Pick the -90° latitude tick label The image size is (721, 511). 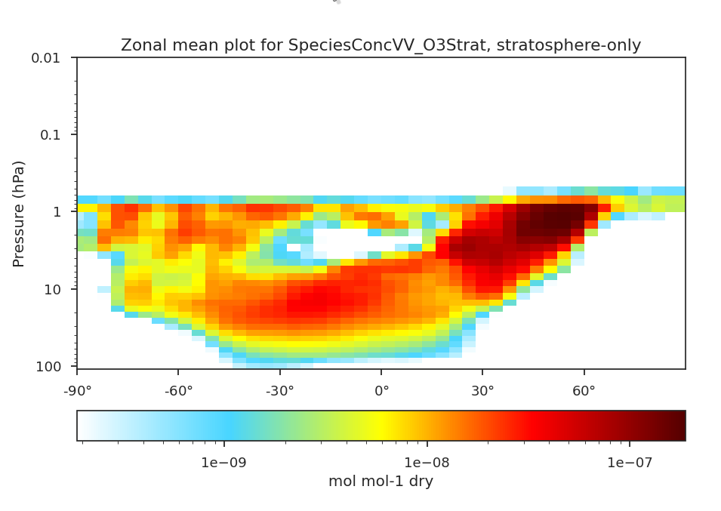pyautogui.click(x=76, y=391)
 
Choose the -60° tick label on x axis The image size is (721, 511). pyautogui.click(x=178, y=391)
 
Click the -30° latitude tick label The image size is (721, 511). pyautogui.click(x=279, y=391)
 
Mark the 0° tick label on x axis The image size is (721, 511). pyautogui.click(x=381, y=391)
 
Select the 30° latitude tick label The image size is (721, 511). pyautogui.click(x=482, y=391)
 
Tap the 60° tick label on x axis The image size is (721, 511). pyautogui.click(x=584, y=391)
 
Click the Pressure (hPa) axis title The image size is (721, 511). pyautogui.click(x=20, y=213)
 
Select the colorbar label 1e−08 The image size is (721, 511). pyautogui.click(x=428, y=461)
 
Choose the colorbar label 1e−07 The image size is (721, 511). pyautogui.click(x=630, y=461)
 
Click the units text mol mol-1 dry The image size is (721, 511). pyautogui.click(x=381, y=482)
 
